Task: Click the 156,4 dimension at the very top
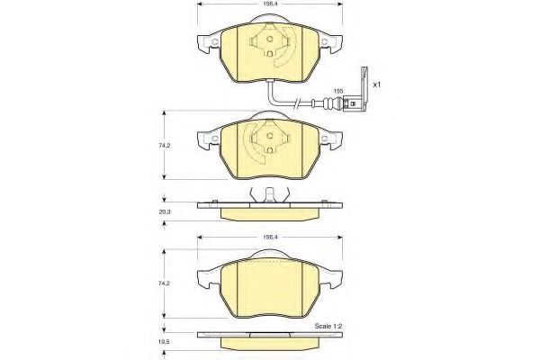click(270, 4)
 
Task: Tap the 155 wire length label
click(338, 91)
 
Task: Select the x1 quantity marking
click(377, 85)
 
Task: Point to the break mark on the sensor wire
click(297, 103)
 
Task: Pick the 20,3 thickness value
click(165, 212)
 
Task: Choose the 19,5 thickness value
click(165, 343)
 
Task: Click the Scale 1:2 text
click(328, 326)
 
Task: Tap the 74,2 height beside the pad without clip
click(165, 283)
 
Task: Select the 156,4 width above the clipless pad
click(270, 238)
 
